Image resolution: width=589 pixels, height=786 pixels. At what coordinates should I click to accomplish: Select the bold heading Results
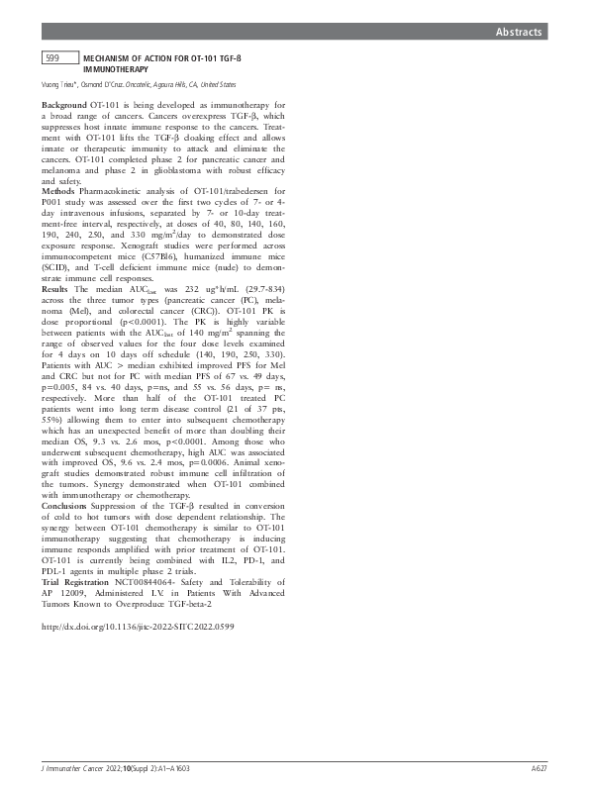[57, 286]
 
